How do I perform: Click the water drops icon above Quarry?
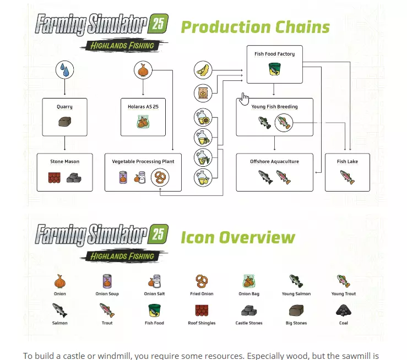[64, 70]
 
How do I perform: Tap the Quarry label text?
[64, 107]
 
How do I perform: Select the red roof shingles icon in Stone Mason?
[55, 178]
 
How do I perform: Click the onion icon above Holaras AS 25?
[143, 70]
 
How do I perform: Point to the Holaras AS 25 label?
[143, 107]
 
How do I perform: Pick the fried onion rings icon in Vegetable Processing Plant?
[160, 177]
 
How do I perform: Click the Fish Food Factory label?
[275, 54]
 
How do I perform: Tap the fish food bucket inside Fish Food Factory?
[275, 69]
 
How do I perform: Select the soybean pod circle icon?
[203, 70]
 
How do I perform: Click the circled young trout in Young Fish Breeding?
[284, 122]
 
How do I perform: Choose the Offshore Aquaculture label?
[275, 162]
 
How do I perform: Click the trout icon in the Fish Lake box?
[348, 177]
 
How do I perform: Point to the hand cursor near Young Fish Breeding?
[244, 99]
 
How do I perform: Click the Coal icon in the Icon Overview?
[344, 310]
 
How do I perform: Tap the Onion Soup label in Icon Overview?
[107, 294]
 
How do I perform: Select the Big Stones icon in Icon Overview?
[296, 310]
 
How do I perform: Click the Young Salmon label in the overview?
[296, 294]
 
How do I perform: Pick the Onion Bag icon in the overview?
[249, 281]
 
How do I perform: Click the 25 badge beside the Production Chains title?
[158, 24]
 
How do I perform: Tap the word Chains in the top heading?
[302, 27]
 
